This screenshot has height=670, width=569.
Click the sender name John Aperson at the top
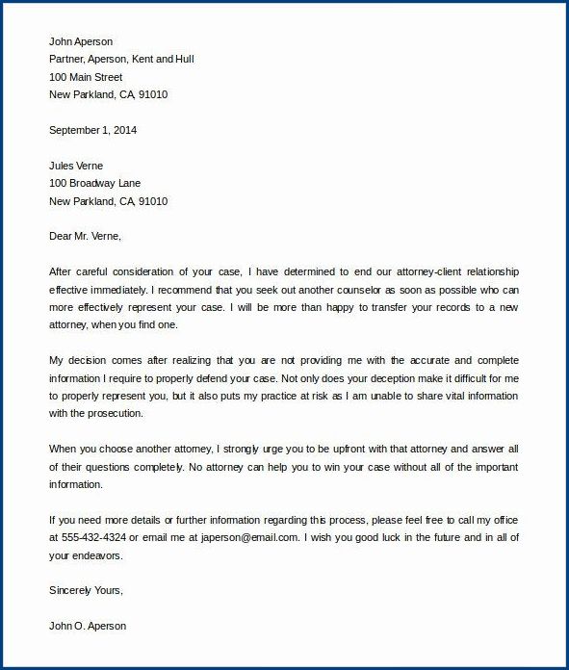[x=80, y=42]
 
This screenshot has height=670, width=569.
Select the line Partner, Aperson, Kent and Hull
[x=120, y=60]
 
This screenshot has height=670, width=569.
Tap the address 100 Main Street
[x=86, y=77]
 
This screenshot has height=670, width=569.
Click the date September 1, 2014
[x=93, y=130]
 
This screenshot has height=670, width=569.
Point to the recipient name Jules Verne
[x=76, y=166]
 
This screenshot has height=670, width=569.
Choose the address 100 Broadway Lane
[x=94, y=183]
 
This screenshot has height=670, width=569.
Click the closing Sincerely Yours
[x=86, y=591]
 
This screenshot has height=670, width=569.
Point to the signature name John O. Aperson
[x=87, y=626]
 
